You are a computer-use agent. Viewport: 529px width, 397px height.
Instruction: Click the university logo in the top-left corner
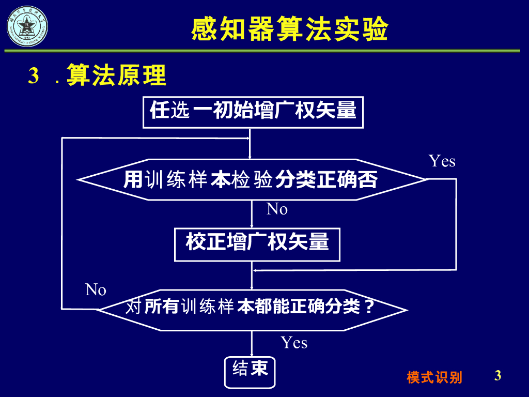tap(26, 26)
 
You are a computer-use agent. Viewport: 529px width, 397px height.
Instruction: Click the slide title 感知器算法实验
tap(289, 29)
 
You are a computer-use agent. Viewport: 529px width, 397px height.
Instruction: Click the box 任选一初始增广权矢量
tap(253, 112)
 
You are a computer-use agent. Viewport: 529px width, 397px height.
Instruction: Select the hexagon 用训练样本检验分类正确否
tap(252, 179)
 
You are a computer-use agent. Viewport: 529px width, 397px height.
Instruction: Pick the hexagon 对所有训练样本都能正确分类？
tap(252, 309)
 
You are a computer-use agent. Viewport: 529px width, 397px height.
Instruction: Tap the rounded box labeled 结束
tap(251, 369)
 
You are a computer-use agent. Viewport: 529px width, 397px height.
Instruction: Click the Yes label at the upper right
tap(442, 161)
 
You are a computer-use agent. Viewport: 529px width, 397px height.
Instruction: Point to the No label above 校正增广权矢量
tap(277, 209)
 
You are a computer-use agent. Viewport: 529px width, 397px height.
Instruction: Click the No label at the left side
tap(96, 290)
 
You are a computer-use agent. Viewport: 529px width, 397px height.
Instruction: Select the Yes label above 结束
tap(294, 343)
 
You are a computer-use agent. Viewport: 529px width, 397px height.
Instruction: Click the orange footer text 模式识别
tap(434, 377)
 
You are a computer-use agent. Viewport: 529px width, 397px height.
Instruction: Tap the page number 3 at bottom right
tap(497, 375)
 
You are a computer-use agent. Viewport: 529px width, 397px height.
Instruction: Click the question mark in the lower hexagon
tap(369, 308)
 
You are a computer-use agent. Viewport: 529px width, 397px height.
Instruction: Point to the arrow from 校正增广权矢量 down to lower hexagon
tap(252, 276)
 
